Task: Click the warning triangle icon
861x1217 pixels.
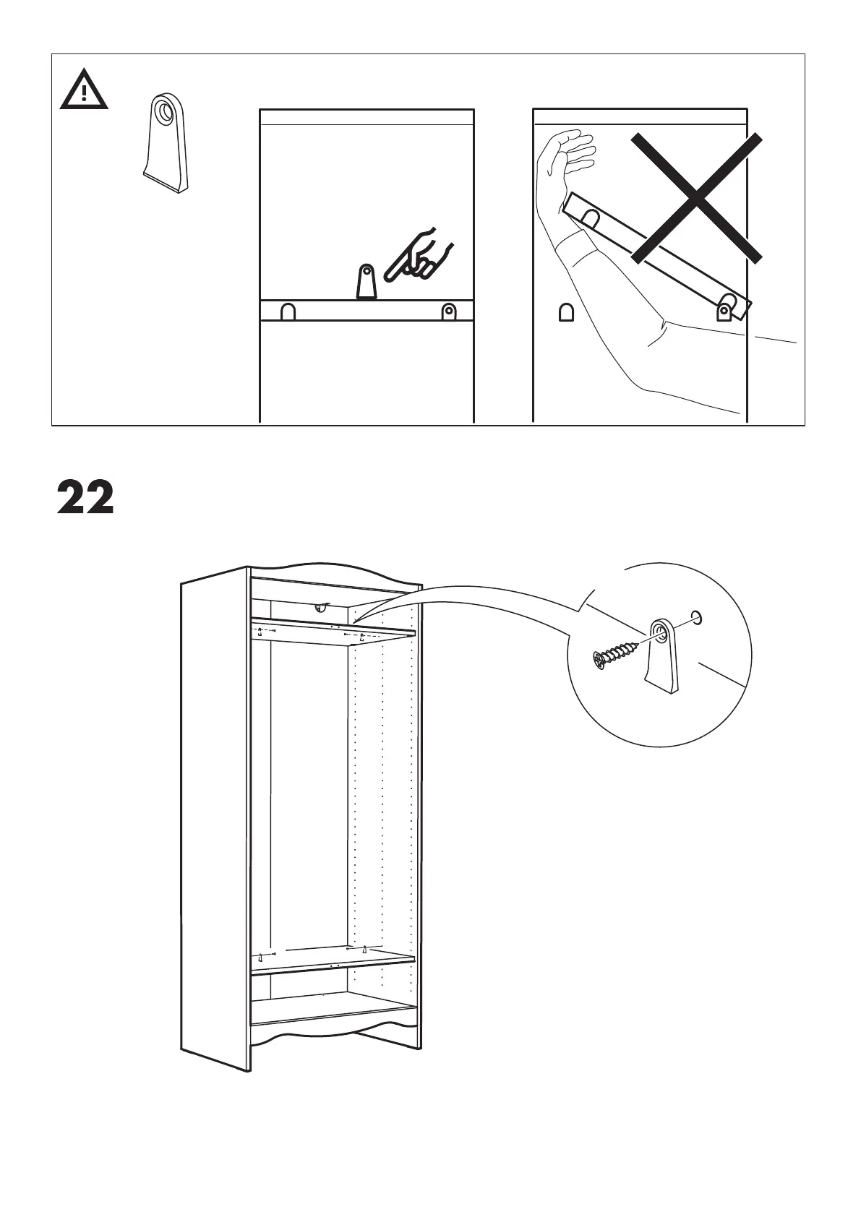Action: click(84, 90)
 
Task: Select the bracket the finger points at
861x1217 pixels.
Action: click(367, 282)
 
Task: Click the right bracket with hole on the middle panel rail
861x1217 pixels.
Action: click(449, 311)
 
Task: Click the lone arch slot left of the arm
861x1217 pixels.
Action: click(565, 312)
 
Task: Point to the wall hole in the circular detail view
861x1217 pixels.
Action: click(696, 616)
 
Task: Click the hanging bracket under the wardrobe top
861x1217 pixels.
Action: click(319, 608)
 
